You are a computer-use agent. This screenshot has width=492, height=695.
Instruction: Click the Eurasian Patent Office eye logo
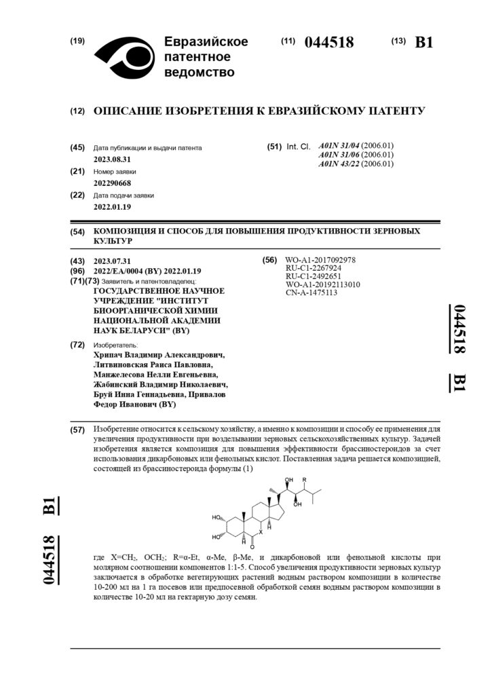(x=124, y=56)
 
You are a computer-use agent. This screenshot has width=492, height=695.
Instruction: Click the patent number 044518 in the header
(x=329, y=42)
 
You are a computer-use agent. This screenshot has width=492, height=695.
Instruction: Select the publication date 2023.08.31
(x=113, y=159)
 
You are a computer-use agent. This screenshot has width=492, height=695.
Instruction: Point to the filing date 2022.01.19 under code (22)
(x=113, y=207)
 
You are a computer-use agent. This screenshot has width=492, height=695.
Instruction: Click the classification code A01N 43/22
(x=340, y=164)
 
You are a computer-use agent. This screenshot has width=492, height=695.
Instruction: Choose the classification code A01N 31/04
(x=340, y=146)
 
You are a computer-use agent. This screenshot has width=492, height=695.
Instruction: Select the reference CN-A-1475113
(x=311, y=293)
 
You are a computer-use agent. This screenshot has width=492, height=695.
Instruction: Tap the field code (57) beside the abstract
(x=77, y=430)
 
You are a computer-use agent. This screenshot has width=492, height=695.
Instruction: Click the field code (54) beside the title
(x=77, y=232)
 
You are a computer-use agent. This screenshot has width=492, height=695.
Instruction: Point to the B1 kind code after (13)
(x=423, y=42)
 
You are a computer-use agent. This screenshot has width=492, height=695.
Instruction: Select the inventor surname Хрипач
(x=111, y=354)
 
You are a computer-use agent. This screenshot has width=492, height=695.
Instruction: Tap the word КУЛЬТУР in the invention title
(x=113, y=241)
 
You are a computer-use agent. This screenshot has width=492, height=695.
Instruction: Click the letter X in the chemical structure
(x=260, y=533)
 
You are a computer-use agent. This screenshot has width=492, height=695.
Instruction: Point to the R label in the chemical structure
(x=305, y=481)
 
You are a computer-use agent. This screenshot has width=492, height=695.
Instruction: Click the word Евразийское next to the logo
(x=206, y=42)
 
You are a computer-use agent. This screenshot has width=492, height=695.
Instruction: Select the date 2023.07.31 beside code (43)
(x=112, y=261)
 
